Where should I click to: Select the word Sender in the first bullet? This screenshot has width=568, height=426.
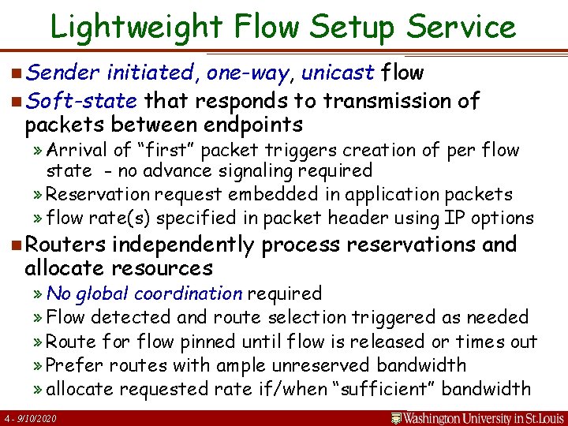[x=62, y=73]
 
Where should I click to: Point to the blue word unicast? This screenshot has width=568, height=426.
[x=337, y=73]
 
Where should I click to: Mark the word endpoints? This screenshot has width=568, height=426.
[x=254, y=125]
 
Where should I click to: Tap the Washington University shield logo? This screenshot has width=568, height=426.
[x=398, y=417]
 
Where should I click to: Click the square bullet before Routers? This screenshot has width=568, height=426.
[x=17, y=245]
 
